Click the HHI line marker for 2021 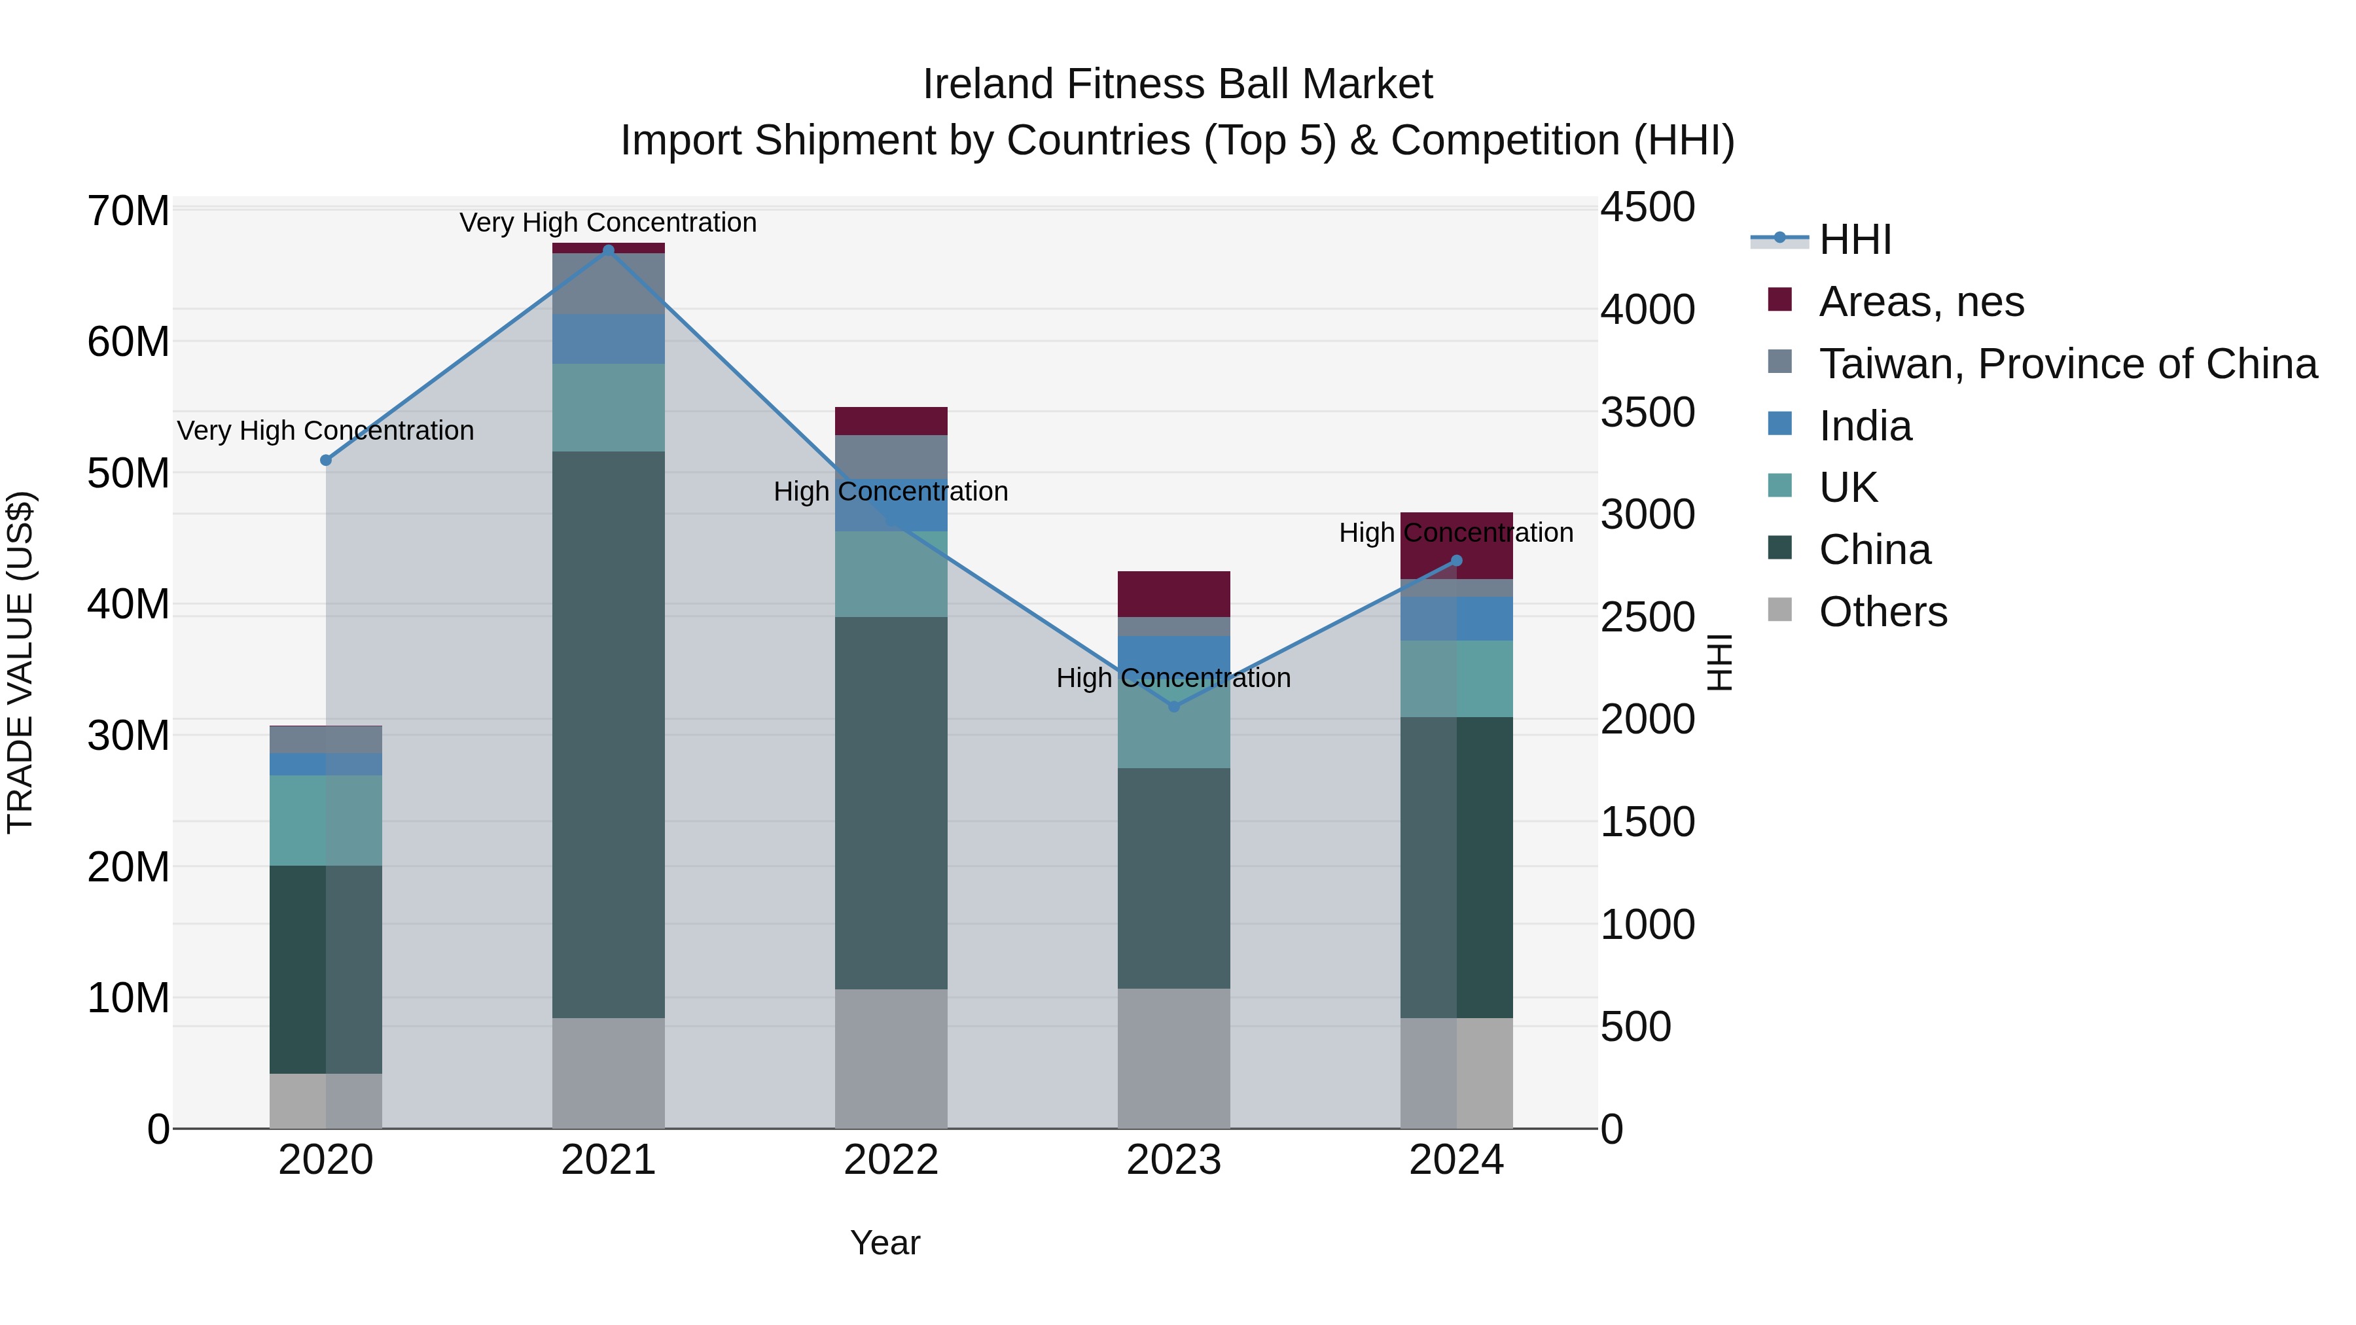click(608, 250)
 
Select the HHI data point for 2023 click(1173, 706)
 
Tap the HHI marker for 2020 click(326, 460)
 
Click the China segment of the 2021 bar click(608, 732)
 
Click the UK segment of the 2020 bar click(326, 821)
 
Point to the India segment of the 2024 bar click(1456, 618)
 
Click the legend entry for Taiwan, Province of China click(2067, 364)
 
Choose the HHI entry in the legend click(1854, 239)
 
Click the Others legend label click(1882, 612)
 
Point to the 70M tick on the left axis click(128, 211)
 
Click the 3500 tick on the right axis click(1647, 412)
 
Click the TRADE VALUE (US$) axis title click(21, 662)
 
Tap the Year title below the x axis click(884, 1243)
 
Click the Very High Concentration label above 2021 click(608, 222)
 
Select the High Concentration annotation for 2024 click(1456, 532)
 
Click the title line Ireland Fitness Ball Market click(1177, 84)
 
